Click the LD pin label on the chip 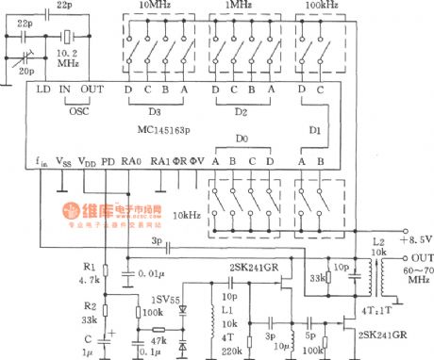coord(43,90)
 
